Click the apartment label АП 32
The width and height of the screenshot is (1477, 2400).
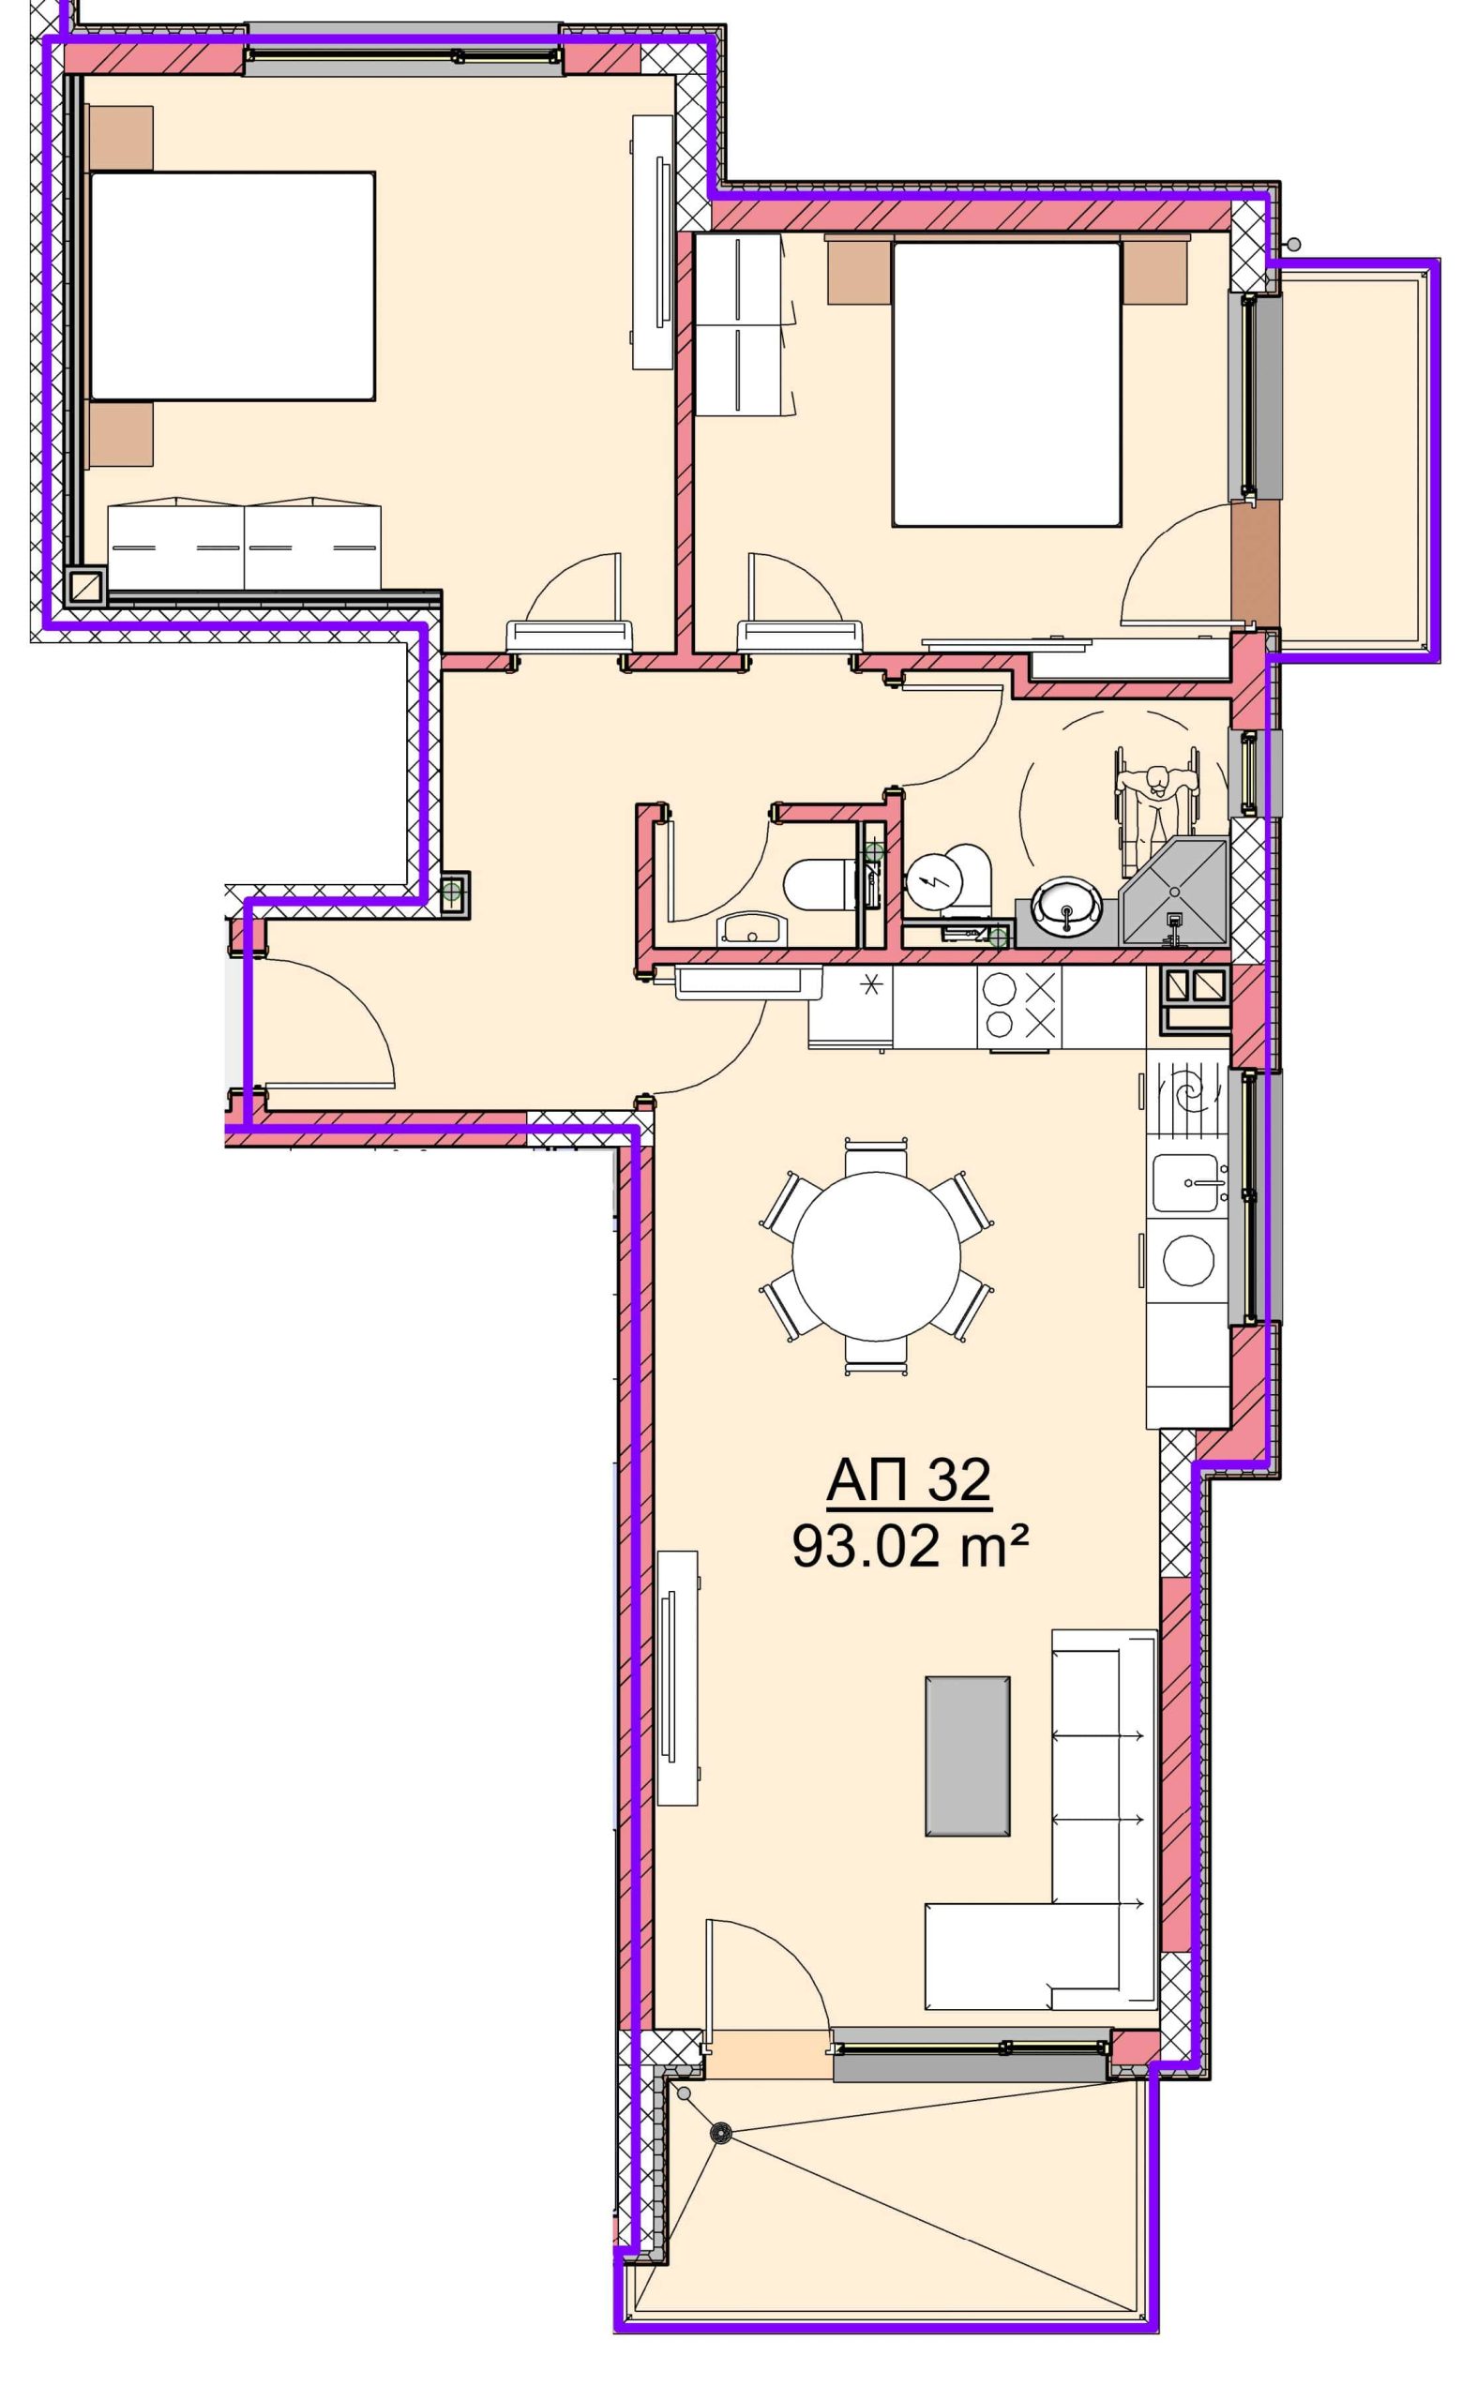coord(909,1480)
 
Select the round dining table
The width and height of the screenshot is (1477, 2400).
coord(876,1255)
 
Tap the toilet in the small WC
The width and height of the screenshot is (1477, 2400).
coord(819,884)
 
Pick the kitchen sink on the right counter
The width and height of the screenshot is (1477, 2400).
coord(1188,1183)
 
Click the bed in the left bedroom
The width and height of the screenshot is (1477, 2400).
coord(232,286)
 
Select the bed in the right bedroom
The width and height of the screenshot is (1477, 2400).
coord(1006,383)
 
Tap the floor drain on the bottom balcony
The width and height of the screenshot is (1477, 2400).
coord(721,2134)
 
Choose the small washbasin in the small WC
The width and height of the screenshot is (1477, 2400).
coord(751,928)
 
